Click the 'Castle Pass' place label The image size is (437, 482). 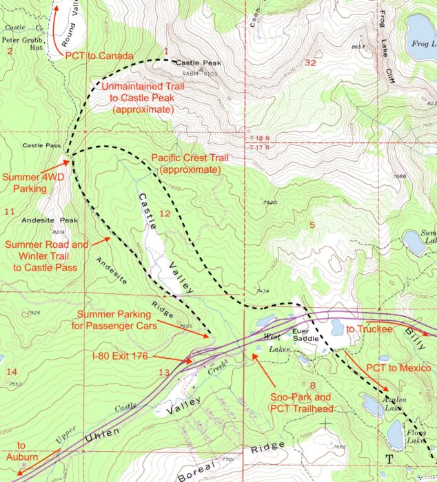tap(42, 146)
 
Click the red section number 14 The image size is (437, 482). tap(10, 372)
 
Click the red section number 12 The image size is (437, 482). tap(164, 214)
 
